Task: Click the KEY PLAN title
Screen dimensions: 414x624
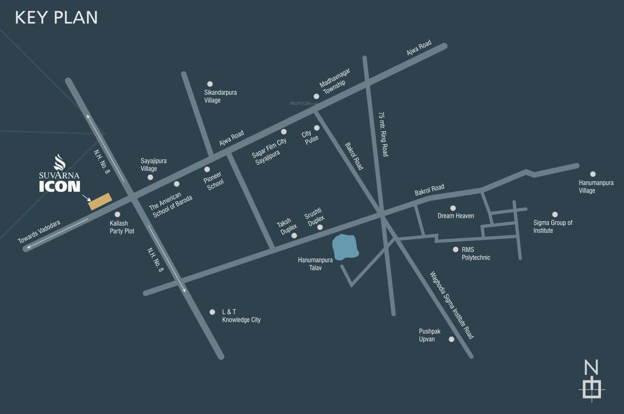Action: pyautogui.click(x=57, y=17)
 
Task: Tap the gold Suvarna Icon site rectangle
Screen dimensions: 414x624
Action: pyautogui.click(x=100, y=201)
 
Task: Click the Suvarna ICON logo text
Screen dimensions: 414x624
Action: pyautogui.click(x=59, y=181)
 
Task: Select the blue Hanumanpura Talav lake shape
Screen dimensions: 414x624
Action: pyautogui.click(x=345, y=247)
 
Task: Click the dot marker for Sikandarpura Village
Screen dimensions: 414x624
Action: pyautogui.click(x=210, y=84)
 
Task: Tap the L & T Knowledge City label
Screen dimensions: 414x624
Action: pyautogui.click(x=241, y=316)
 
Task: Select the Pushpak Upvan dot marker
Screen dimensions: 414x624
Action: pyautogui.click(x=452, y=339)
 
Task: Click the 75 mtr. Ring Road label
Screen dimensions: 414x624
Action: pyautogui.click(x=383, y=135)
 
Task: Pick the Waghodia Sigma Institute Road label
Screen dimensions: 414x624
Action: pyautogui.click(x=452, y=305)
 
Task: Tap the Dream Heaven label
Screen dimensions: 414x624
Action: pyautogui.click(x=456, y=216)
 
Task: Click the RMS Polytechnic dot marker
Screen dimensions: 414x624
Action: pyautogui.click(x=455, y=250)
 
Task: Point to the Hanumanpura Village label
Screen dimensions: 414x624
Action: pyautogui.click(x=596, y=187)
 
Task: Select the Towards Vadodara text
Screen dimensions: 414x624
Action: pyautogui.click(x=39, y=232)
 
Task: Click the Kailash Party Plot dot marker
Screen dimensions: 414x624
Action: pyautogui.click(x=117, y=215)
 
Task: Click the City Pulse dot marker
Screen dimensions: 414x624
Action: pyautogui.click(x=317, y=128)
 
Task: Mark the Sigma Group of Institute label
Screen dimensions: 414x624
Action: pyautogui.click(x=552, y=226)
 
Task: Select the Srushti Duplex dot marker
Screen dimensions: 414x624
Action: pyautogui.click(x=320, y=227)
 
